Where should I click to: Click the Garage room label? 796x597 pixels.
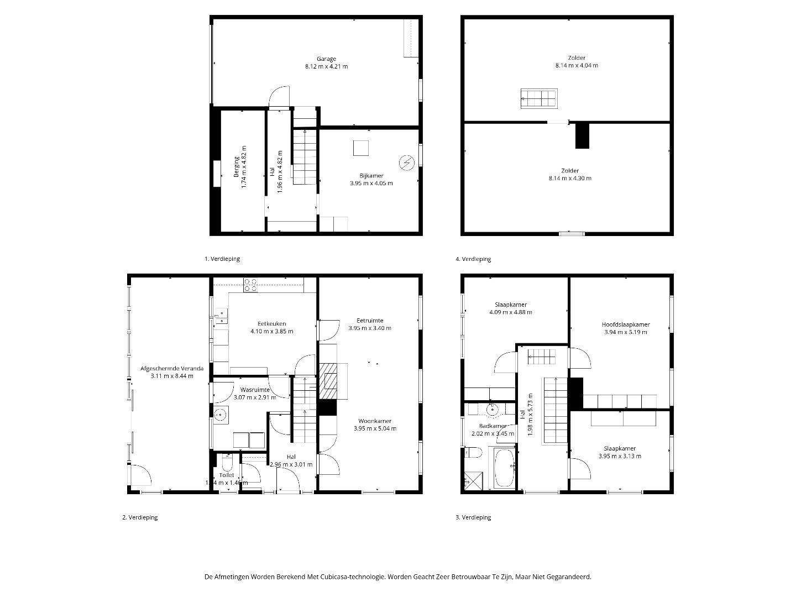pyautogui.click(x=326, y=59)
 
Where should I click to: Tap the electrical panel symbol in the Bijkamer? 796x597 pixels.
pyautogui.click(x=407, y=163)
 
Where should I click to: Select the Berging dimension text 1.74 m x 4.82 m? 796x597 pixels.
pyautogui.click(x=243, y=167)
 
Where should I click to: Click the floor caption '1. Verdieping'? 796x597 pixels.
pyautogui.click(x=222, y=259)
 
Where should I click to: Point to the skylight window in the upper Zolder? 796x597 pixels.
pyautogui.click(x=538, y=98)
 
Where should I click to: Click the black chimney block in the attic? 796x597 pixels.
pyautogui.click(x=582, y=135)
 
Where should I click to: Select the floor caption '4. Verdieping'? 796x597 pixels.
pyautogui.click(x=473, y=259)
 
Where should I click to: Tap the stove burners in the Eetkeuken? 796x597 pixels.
pyautogui.click(x=250, y=284)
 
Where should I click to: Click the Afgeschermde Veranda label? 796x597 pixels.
pyautogui.click(x=172, y=368)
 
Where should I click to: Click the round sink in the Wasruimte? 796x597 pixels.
pyautogui.click(x=221, y=413)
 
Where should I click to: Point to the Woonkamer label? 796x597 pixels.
pyautogui.click(x=374, y=421)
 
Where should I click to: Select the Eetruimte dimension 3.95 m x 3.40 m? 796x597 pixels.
pyautogui.click(x=370, y=328)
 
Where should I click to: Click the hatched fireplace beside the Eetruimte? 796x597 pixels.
pyautogui.click(x=330, y=380)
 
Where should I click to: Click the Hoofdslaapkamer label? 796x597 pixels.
pyautogui.click(x=626, y=324)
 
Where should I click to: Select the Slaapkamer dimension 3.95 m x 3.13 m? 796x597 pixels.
pyautogui.click(x=620, y=456)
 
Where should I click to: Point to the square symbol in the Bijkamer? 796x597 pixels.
pyautogui.click(x=362, y=148)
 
